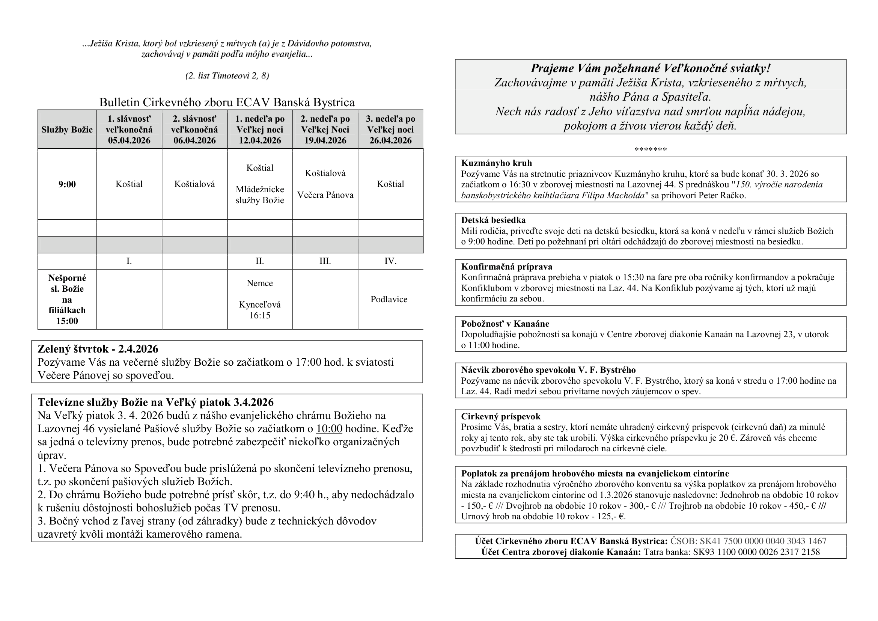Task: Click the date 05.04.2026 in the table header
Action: click(x=129, y=140)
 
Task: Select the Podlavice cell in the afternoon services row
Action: click(x=389, y=299)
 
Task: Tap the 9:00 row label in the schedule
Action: click(x=67, y=184)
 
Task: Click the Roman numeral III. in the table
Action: click(x=325, y=261)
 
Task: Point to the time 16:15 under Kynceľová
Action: click(x=260, y=315)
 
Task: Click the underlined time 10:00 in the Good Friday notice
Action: click(x=329, y=429)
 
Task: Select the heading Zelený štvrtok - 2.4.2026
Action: click(x=98, y=349)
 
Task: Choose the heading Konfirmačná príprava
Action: click(x=506, y=267)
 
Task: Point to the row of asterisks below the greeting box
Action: click(x=651, y=149)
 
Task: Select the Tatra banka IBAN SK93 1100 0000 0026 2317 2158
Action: click(x=756, y=552)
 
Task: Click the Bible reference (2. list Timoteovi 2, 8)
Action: click(x=227, y=76)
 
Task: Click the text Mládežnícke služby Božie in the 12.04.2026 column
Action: click(x=260, y=195)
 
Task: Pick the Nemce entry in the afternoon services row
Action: click(x=260, y=283)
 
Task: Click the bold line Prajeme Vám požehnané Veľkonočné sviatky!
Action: click(x=650, y=68)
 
